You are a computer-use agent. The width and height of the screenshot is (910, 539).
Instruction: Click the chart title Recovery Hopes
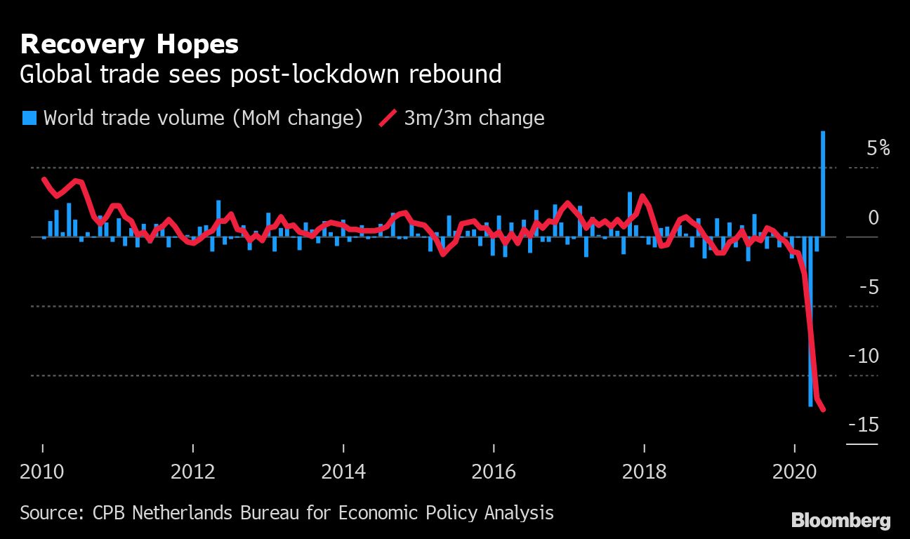[x=129, y=45]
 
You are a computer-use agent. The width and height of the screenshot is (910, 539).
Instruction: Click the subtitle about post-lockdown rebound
[x=261, y=74]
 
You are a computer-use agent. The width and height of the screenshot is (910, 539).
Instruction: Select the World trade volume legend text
[x=203, y=117]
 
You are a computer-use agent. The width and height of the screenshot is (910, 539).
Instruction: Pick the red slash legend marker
[x=388, y=117]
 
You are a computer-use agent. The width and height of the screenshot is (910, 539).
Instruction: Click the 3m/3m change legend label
[x=474, y=117]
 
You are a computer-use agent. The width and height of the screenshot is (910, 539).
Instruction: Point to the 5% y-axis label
[x=878, y=149]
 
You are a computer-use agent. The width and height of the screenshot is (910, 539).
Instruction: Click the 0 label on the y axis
[x=873, y=218]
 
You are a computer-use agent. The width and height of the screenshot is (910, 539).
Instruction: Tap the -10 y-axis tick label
[x=863, y=356]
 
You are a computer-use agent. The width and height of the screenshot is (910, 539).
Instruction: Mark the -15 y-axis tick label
[x=863, y=425]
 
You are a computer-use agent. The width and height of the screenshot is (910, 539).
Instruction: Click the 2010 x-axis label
[x=43, y=470]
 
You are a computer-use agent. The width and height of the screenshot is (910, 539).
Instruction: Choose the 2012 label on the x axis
[x=193, y=470]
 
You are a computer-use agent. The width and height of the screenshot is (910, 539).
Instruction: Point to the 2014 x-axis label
[x=343, y=470]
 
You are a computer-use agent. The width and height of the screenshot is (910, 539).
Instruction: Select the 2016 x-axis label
[x=494, y=470]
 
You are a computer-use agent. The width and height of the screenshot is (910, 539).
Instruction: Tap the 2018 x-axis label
[x=644, y=470]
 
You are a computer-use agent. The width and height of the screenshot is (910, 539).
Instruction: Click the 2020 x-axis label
[x=794, y=470]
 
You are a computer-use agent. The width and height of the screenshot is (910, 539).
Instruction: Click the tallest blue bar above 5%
[x=823, y=182]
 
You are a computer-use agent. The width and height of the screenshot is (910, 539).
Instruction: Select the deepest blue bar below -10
[x=810, y=323]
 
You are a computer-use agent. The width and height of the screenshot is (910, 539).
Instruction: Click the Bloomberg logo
[x=840, y=521]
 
